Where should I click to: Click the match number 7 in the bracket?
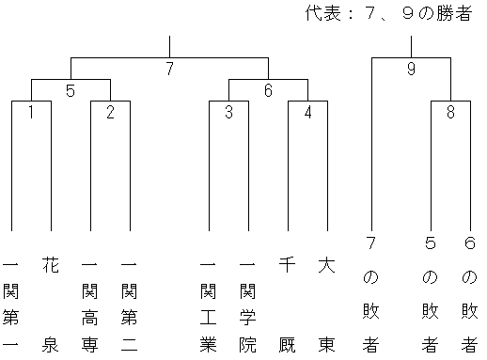point(169,69)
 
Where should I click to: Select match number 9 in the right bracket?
point(411,69)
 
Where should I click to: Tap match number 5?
point(71,90)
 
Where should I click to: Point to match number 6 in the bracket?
point(268,90)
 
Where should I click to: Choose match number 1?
point(31,112)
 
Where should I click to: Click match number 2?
point(110,112)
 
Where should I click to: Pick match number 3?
point(228,112)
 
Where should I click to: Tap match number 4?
point(307,112)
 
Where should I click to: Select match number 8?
point(450,112)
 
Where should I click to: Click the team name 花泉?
point(51,305)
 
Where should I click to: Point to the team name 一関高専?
point(90,305)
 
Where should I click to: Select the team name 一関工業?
point(209,305)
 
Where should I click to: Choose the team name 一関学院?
point(248,305)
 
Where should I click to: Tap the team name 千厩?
point(288,305)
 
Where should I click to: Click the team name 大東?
point(327,305)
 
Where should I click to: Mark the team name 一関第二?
point(130,305)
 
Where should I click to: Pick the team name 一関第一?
point(11,305)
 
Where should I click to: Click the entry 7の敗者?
point(371,294)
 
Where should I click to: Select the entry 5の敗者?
point(431,294)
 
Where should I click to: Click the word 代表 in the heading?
point(323,13)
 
